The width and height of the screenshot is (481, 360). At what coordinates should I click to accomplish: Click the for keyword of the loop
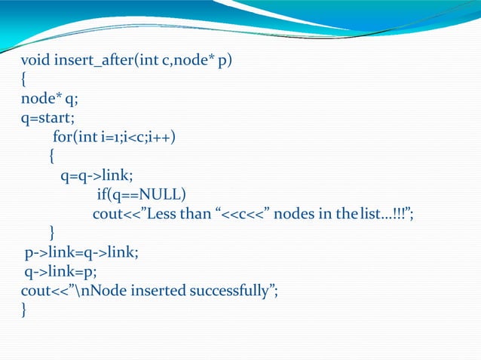(x=63, y=137)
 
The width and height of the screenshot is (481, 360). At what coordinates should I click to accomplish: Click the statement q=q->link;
(x=97, y=176)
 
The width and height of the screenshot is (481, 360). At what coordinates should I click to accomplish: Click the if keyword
(x=103, y=196)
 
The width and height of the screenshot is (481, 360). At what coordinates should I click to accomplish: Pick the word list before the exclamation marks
(x=371, y=215)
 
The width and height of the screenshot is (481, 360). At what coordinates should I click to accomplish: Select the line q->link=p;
(x=60, y=272)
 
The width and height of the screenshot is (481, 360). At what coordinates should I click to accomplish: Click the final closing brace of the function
(x=24, y=311)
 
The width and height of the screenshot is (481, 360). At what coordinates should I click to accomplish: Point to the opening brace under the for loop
(x=51, y=157)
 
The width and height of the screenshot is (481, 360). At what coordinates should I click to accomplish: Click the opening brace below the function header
(x=24, y=79)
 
